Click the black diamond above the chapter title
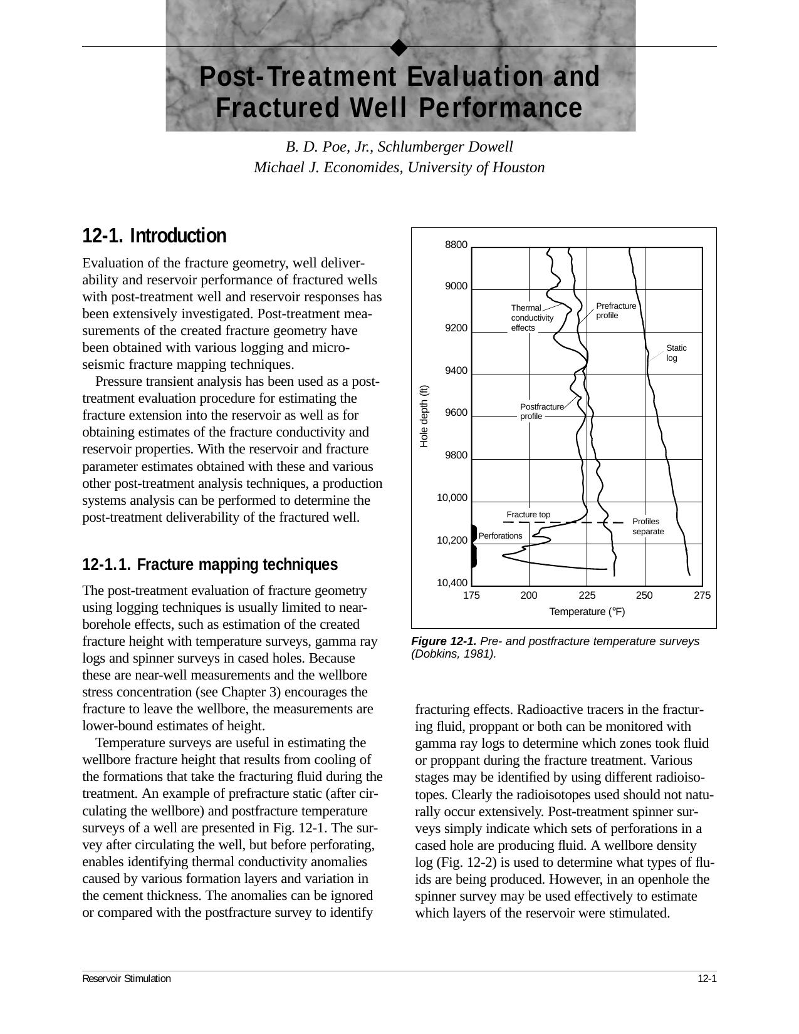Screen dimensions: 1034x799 [399, 48]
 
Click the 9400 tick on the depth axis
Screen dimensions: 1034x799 [456, 371]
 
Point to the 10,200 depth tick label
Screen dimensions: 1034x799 [452, 540]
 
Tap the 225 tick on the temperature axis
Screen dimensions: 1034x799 [587, 596]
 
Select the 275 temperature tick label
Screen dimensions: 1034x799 [702, 596]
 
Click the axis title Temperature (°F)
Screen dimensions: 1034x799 [587, 612]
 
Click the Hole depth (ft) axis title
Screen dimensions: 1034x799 [424, 416]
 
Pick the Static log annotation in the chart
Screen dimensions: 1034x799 [676, 353]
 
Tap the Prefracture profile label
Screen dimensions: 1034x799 [615, 311]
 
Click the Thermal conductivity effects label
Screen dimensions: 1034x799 [531, 318]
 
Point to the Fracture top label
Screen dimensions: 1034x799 [528, 515]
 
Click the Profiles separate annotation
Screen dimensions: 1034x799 [647, 527]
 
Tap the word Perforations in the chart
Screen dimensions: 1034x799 [500, 536]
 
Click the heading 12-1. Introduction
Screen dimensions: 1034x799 [154, 236]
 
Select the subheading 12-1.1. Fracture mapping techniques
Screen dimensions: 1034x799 [210, 565]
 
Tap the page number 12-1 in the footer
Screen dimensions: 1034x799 [706, 979]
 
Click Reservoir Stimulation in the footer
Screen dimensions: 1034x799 [127, 979]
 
